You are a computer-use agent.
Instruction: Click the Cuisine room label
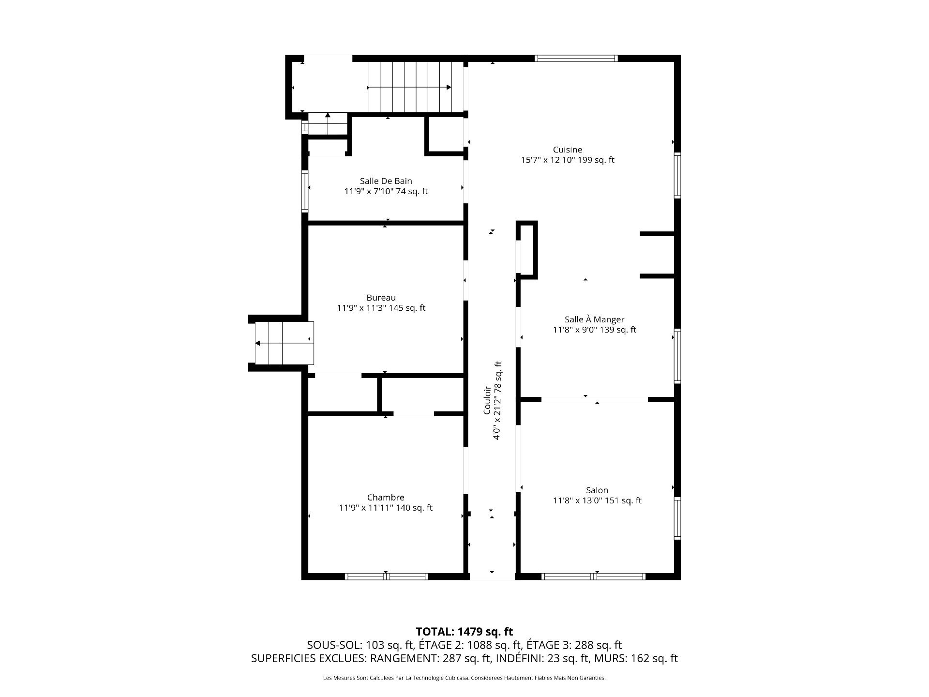coord(568,150)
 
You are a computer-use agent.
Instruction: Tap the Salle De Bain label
coord(386,181)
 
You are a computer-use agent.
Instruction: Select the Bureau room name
coord(381,298)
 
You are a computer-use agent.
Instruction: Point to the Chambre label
coord(386,498)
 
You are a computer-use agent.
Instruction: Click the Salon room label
coord(597,490)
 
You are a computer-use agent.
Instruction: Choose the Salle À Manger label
coord(594,319)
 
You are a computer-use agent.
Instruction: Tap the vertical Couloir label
coord(487,400)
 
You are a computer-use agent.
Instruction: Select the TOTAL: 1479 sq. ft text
coord(464,632)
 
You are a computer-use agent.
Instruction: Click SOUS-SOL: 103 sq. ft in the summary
coord(360,645)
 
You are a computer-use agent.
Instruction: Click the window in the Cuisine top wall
coord(576,59)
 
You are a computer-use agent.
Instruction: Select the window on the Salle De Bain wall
coord(305,191)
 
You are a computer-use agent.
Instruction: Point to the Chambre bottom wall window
coord(386,576)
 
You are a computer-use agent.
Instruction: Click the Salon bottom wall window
coord(594,576)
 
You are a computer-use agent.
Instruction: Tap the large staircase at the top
coord(410,87)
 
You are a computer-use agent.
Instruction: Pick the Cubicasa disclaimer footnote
coord(464,678)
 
